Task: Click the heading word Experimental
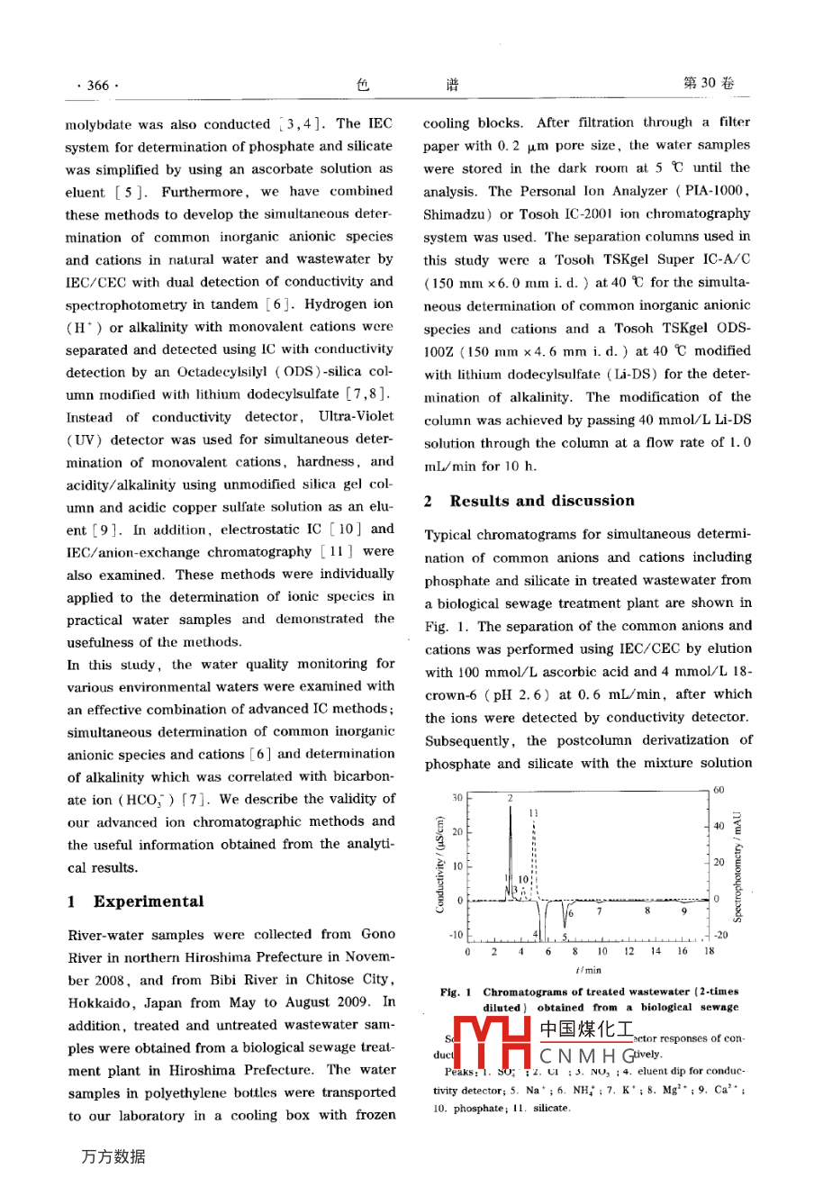click(149, 902)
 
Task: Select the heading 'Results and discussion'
click(542, 501)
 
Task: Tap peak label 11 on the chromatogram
click(534, 813)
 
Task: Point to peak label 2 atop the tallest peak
click(510, 798)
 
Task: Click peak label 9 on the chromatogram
click(683, 911)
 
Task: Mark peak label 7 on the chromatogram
click(600, 911)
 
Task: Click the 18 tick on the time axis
click(709, 950)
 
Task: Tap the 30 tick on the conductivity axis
click(457, 798)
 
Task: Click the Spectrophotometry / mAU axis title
click(737, 865)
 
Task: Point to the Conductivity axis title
click(440, 865)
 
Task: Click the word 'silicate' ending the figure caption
click(550, 1108)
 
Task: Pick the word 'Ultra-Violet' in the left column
click(356, 417)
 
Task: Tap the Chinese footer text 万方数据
click(113, 1156)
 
